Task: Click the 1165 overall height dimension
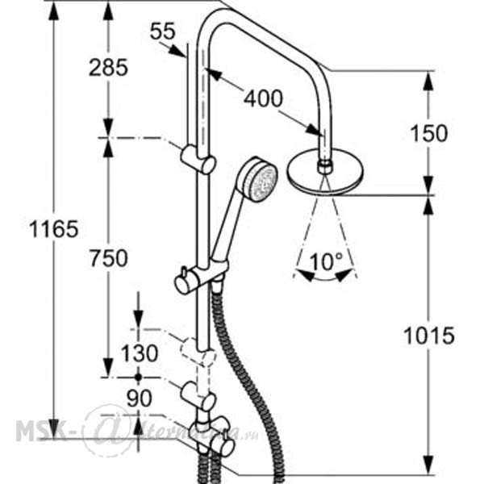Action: pos(54,229)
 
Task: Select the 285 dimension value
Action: pos(108,68)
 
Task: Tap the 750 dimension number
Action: pos(109,258)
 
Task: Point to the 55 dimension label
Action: pos(163,31)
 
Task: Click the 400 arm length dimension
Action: pos(263,98)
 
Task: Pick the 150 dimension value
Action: pos(429,133)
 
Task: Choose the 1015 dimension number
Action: pos(429,336)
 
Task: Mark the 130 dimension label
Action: pos(140,353)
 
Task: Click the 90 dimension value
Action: pos(140,398)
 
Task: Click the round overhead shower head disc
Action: pos(326,173)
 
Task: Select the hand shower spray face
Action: pos(263,183)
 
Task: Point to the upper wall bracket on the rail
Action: pos(198,159)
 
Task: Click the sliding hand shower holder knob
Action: pos(181,283)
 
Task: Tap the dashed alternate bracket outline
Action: pos(198,351)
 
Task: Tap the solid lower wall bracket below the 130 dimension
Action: pos(198,396)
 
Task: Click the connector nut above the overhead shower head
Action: pos(324,167)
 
